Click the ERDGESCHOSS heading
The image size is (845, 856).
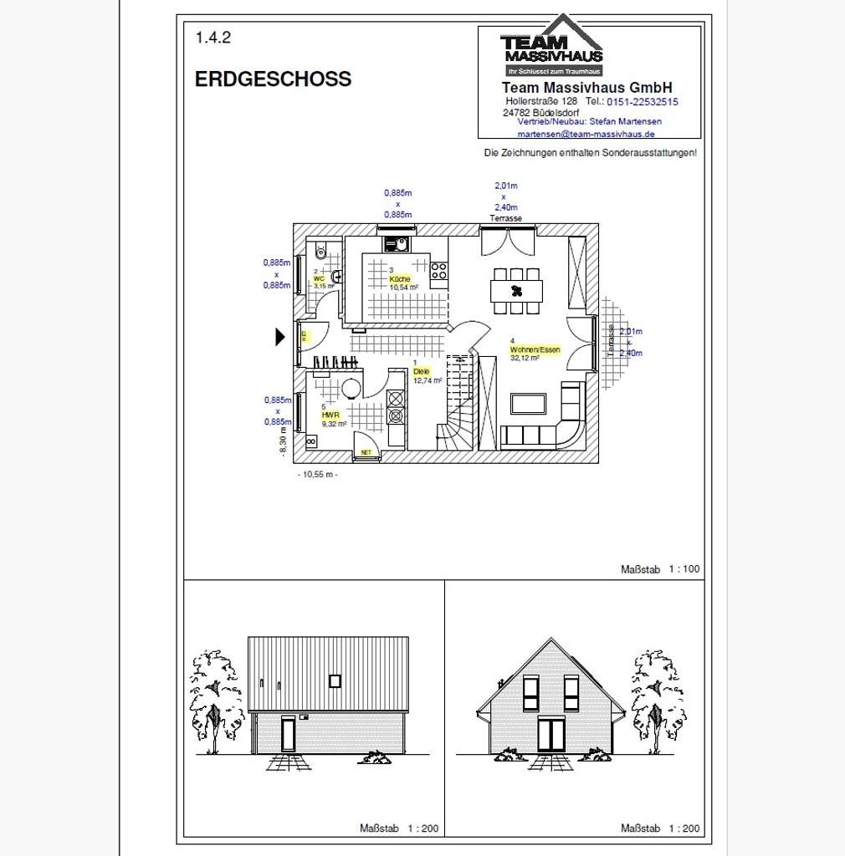click(273, 79)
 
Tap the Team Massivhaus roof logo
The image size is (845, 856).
click(551, 46)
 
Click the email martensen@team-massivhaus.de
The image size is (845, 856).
click(586, 134)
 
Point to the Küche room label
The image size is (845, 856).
click(400, 278)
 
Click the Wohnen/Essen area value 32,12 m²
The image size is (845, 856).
click(525, 358)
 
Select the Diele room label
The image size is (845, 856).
click(421, 371)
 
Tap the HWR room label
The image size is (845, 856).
click(330, 414)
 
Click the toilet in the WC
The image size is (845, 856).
click(320, 252)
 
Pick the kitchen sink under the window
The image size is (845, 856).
click(396, 244)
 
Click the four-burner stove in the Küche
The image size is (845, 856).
click(438, 271)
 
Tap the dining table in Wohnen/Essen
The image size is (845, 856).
click(516, 291)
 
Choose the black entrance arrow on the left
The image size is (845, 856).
click(281, 337)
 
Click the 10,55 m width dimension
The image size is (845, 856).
click(318, 474)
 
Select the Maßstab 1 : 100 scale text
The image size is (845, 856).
click(660, 569)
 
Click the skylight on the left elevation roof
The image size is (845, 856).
click(335, 680)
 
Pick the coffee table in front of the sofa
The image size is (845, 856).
click(529, 404)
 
